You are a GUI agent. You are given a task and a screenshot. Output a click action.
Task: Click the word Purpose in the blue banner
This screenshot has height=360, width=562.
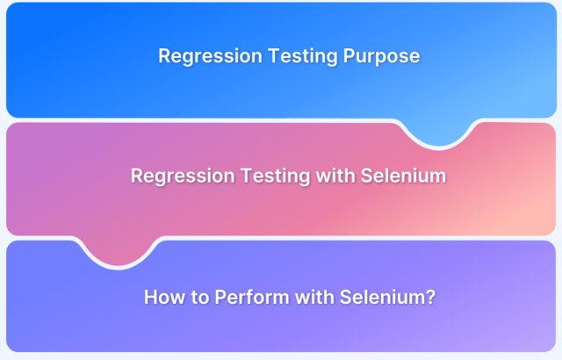381,56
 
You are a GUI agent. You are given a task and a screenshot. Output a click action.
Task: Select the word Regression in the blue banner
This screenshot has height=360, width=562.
211,56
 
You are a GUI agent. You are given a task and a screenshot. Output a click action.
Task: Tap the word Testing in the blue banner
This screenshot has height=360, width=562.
303,56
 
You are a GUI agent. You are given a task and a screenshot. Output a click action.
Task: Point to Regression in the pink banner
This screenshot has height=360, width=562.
183,176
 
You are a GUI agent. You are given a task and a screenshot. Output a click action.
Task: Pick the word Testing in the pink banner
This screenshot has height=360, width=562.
275,176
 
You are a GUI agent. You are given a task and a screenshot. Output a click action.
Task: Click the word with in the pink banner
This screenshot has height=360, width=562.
335,176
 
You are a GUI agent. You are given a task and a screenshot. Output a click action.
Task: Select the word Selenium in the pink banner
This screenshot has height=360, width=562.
403,176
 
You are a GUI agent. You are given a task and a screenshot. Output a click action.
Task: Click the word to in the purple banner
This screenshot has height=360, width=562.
199,298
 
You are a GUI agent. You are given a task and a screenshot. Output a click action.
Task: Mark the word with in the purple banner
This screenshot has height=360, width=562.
314,297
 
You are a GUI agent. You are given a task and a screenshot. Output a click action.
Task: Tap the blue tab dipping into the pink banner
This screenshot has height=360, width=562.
439,133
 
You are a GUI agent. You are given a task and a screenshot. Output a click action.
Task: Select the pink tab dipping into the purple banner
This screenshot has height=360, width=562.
119,251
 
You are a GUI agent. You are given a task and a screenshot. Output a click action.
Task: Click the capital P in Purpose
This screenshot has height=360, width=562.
349,56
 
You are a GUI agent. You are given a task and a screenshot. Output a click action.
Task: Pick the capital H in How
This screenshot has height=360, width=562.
151,297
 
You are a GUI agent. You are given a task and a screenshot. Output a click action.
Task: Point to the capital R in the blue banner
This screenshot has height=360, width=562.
166,56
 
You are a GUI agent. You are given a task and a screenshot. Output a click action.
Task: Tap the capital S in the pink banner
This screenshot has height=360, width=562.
367,176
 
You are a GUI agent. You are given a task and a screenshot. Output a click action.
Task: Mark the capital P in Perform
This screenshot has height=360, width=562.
221,297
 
